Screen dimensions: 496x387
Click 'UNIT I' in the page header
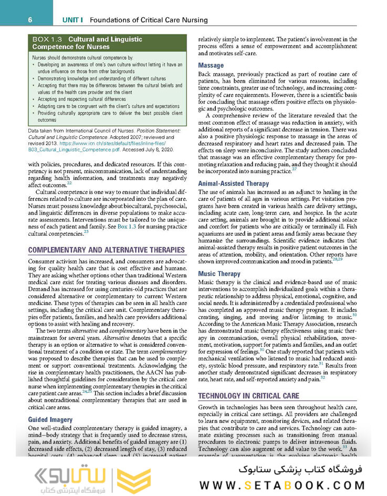coord(74,20)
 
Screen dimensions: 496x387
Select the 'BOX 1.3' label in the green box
coord(48,39)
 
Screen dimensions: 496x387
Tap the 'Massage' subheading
coord(211,65)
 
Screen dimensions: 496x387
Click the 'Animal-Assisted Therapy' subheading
coord(233,184)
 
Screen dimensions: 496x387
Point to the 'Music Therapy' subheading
coord(219,274)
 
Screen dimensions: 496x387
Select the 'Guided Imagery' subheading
coord(50,420)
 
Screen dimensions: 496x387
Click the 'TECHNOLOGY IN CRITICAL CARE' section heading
coord(248,381)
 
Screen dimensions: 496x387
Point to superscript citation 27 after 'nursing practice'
coord(294,168)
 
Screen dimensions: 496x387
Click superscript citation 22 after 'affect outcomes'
coord(69,183)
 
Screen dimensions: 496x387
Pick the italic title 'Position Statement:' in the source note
coord(158,130)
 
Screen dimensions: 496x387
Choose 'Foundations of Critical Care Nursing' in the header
coord(142,20)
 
